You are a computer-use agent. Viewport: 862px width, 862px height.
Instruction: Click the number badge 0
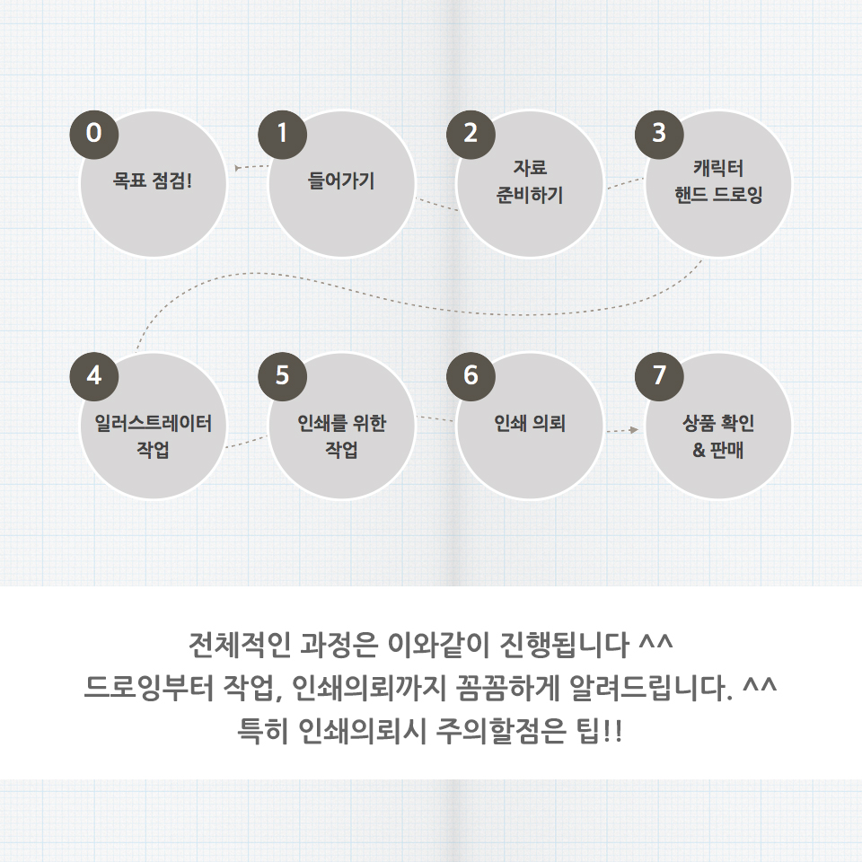(x=94, y=133)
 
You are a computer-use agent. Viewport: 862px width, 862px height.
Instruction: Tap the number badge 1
(x=283, y=133)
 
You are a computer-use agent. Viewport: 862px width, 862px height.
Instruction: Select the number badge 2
(x=471, y=133)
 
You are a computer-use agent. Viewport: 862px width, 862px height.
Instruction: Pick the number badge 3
(x=660, y=133)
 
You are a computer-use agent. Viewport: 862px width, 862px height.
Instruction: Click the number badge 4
(x=94, y=375)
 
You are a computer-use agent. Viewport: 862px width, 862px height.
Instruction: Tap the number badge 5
(x=283, y=375)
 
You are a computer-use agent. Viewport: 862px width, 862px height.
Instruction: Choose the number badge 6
(x=471, y=375)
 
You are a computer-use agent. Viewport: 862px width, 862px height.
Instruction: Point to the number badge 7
(x=660, y=375)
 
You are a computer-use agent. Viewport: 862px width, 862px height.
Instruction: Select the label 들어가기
(x=341, y=180)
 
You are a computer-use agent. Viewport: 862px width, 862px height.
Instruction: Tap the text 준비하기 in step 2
(x=530, y=194)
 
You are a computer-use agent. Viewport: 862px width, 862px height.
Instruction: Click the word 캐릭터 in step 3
(x=718, y=168)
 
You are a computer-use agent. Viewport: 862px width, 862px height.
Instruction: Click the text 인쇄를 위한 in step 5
(x=341, y=423)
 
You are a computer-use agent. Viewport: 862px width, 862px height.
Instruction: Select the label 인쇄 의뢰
(x=530, y=423)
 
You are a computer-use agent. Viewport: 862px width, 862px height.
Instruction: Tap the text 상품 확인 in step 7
(x=718, y=423)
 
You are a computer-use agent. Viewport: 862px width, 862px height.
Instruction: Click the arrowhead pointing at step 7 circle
(x=634, y=430)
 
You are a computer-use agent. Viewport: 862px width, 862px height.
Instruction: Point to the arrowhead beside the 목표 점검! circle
(x=236, y=167)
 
